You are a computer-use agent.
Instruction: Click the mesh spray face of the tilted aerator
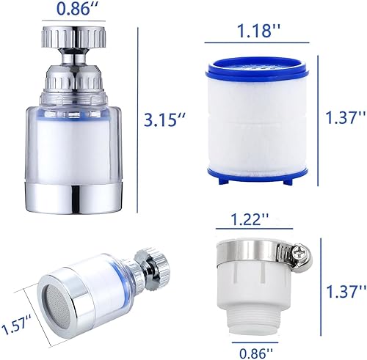[x=56, y=306]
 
